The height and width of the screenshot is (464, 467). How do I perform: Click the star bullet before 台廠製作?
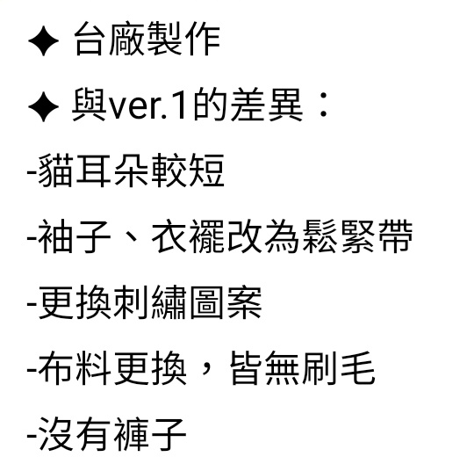pyautogui.click(x=44, y=40)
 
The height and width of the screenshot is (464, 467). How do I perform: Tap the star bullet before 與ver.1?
pyautogui.click(x=44, y=106)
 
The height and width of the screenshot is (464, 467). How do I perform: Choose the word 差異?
pyautogui.click(x=267, y=105)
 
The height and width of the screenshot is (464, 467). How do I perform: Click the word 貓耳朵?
pyautogui.click(x=94, y=170)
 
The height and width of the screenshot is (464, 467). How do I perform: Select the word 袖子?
pyautogui.click(x=75, y=236)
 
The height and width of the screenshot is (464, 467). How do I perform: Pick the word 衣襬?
pyautogui.click(x=188, y=236)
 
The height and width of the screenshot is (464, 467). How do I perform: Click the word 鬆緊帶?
pyautogui.click(x=358, y=236)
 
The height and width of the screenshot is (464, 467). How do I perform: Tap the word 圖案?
pyautogui.click(x=226, y=302)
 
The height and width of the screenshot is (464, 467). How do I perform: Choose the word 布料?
pyautogui.click(x=75, y=368)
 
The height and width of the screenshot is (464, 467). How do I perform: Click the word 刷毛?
pyautogui.click(x=339, y=368)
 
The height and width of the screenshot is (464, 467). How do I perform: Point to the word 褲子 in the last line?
pyautogui.click(x=150, y=434)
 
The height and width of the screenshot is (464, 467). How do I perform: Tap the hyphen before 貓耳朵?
pyautogui.click(x=32, y=172)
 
